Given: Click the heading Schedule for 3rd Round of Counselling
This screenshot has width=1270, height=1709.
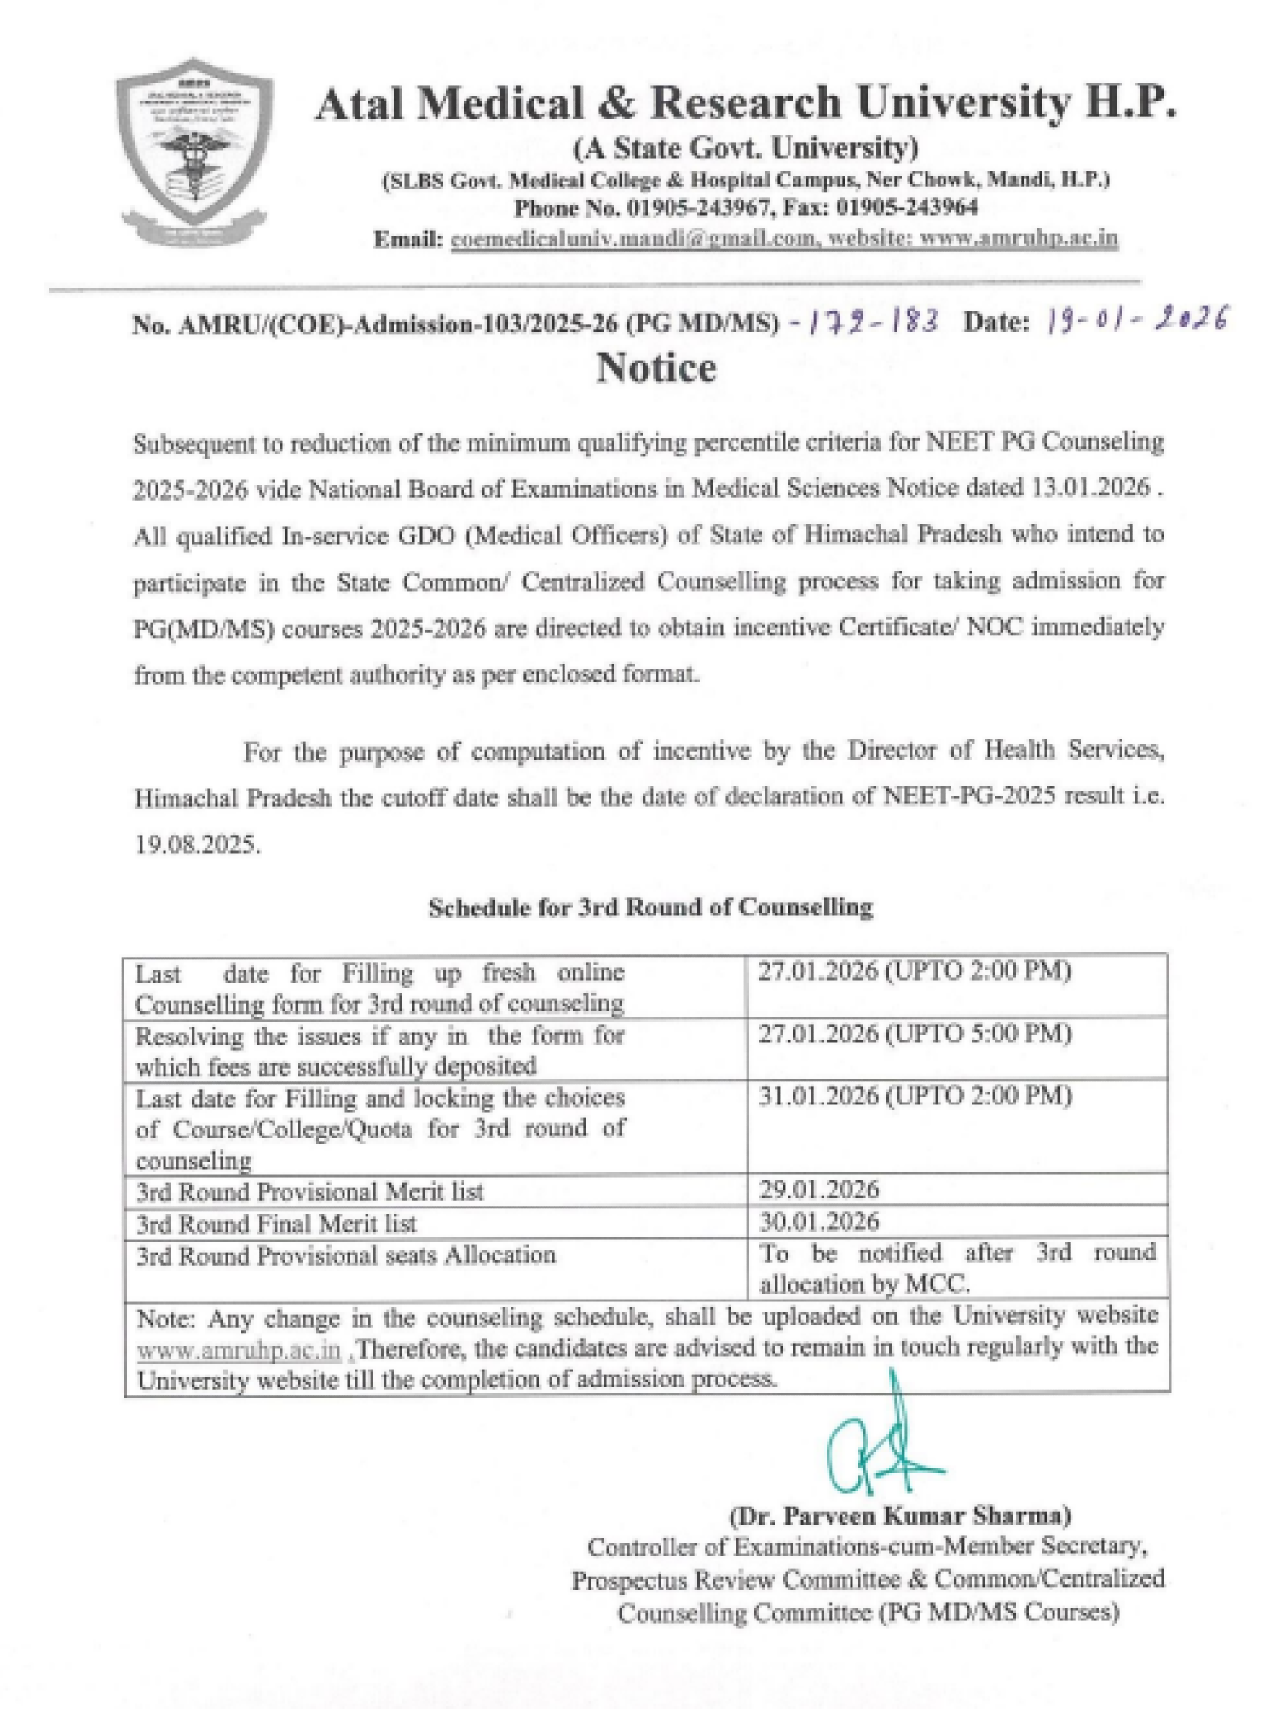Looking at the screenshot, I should point(650,907).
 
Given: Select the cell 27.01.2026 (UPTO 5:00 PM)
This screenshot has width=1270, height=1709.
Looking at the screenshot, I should point(915,1035).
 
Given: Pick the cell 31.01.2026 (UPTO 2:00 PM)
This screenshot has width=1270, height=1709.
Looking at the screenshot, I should point(915,1096).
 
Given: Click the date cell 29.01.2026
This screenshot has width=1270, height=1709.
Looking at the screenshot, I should point(818,1190).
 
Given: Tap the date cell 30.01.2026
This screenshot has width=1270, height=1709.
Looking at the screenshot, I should point(818,1221).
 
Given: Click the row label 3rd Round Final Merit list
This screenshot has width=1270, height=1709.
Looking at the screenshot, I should point(276,1223).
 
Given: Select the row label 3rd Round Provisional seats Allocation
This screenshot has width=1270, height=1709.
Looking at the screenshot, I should point(346,1255).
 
